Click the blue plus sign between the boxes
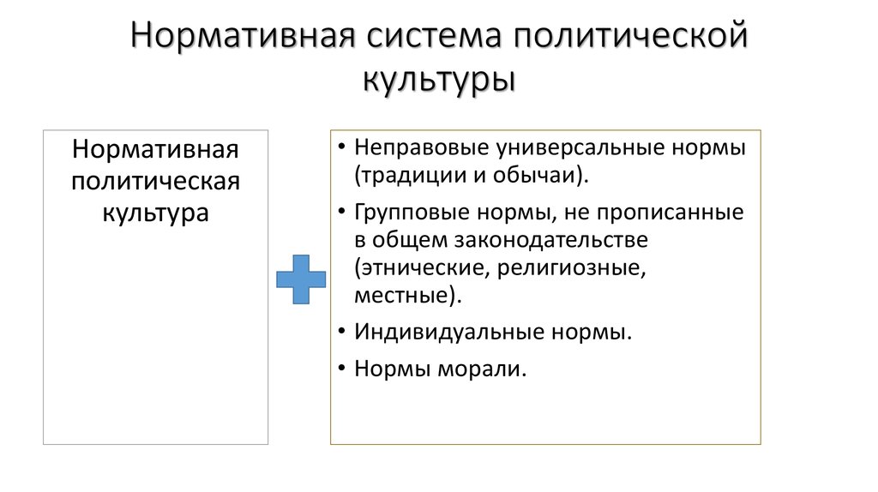click(301, 279)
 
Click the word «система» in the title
click(435, 38)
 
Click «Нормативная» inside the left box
click(155, 150)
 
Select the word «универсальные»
click(583, 147)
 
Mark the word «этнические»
click(418, 267)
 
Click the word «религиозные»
click(569, 267)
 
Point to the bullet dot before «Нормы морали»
click(342, 369)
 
